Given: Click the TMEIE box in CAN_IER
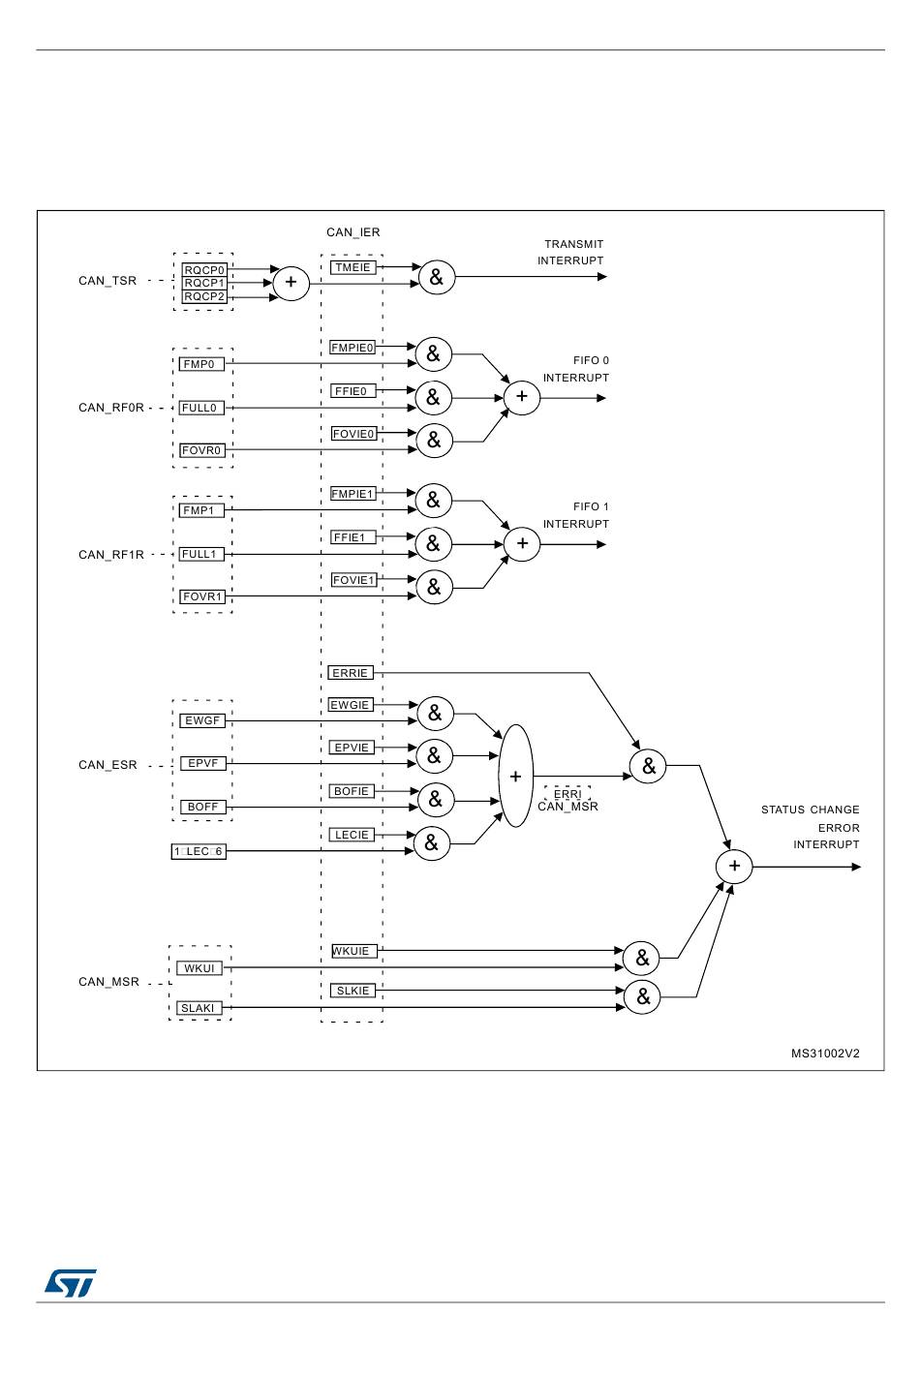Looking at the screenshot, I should tap(353, 267).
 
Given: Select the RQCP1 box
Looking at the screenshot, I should tap(204, 284).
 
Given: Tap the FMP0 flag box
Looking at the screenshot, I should tap(201, 364).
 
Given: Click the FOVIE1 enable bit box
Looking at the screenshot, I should tap(353, 580).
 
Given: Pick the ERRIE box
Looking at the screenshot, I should tap(350, 673).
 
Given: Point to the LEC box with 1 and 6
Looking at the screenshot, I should tap(199, 851).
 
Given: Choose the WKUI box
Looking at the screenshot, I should tap(199, 968).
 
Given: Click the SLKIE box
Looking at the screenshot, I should tap(353, 991).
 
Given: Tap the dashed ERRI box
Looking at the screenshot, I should tap(567, 794).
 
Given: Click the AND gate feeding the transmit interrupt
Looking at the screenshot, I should tap(437, 277).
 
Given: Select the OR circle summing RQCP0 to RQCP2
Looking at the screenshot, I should tap(291, 283).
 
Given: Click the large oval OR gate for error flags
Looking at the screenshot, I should tap(516, 776).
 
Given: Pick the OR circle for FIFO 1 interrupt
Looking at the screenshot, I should tap(522, 544).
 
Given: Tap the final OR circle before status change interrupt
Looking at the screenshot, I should tap(734, 866).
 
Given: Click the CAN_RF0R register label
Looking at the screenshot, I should tap(111, 408).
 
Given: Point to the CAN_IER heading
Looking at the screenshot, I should tap(353, 232).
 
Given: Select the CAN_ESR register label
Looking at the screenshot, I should tap(107, 765).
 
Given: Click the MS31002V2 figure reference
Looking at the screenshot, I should tap(825, 1054).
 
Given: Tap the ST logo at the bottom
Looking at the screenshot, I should tap(71, 1283).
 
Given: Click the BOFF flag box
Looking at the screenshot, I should tap(202, 807).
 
